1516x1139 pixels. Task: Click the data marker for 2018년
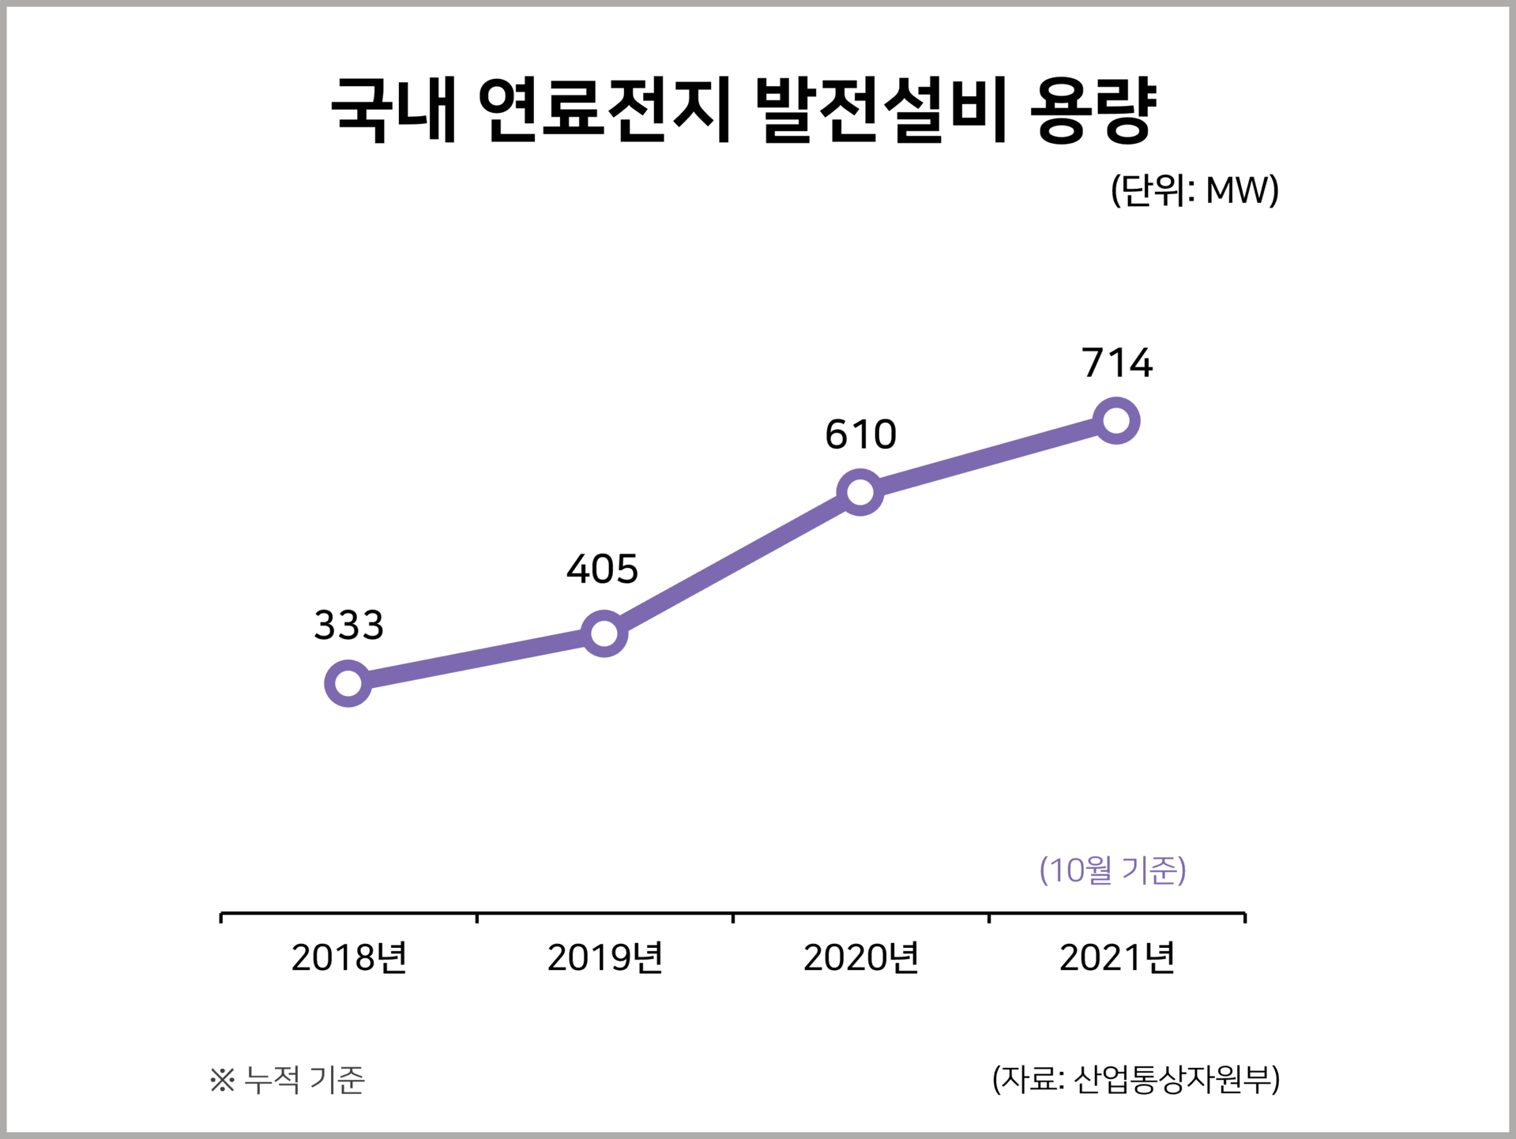point(348,683)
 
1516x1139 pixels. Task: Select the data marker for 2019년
point(604,633)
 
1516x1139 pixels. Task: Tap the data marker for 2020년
point(860,492)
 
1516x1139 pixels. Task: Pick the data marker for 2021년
point(1115,420)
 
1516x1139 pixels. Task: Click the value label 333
point(348,625)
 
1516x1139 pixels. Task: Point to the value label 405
point(602,569)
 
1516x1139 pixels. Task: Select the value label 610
point(860,434)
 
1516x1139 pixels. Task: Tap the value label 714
point(1117,363)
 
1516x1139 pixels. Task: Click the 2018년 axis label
point(348,957)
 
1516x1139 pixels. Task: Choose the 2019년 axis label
point(604,957)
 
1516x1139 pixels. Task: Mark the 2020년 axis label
point(860,957)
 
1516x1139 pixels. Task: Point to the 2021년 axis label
point(1116,957)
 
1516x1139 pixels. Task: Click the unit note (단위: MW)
point(1194,190)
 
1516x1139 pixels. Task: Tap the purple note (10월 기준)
point(1112,870)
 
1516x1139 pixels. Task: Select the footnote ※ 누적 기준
point(287,1080)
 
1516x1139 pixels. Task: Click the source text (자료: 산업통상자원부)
point(1135,1079)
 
